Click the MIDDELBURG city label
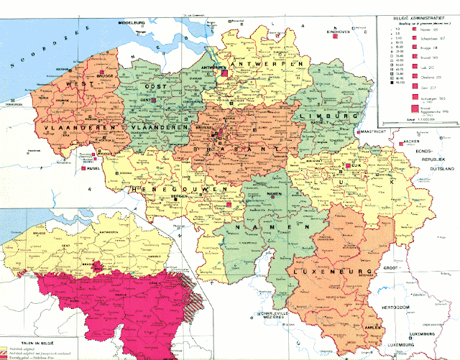(x=132, y=24)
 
